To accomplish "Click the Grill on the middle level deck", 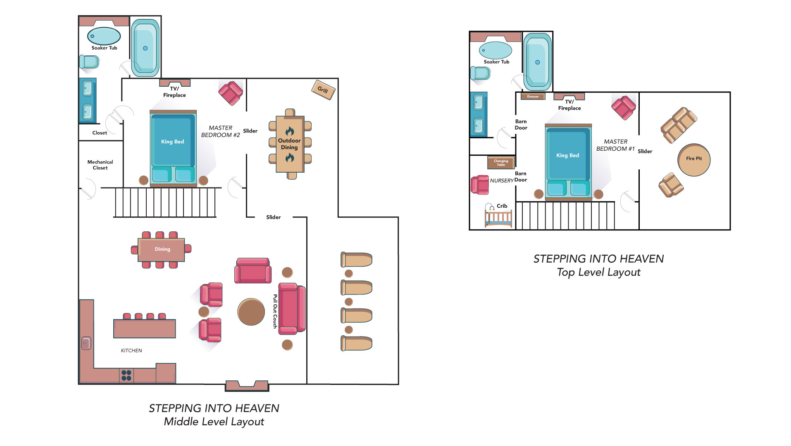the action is click(x=323, y=90).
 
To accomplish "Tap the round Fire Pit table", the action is click(x=694, y=159).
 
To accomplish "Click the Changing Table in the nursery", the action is click(x=500, y=163).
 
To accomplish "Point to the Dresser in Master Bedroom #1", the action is click(x=533, y=96).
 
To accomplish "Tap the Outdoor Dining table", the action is click(x=290, y=144).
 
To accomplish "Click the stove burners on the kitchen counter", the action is click(x=126, y=375).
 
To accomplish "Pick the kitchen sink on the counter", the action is click(x=86, y=343).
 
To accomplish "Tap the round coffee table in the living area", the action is click(x=251, y=312).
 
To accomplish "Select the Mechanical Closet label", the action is click(x=100, y=165).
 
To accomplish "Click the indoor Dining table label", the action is click(x=162, y=249).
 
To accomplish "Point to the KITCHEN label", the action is click(x=131, y=351).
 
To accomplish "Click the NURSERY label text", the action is click(x=502, y=180).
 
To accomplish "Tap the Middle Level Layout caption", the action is click(x=214, y=422).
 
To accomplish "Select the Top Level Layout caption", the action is click(x=598, y=272).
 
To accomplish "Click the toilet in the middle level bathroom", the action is click(x=89, y=62).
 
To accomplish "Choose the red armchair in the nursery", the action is click(x=480, y=185).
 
